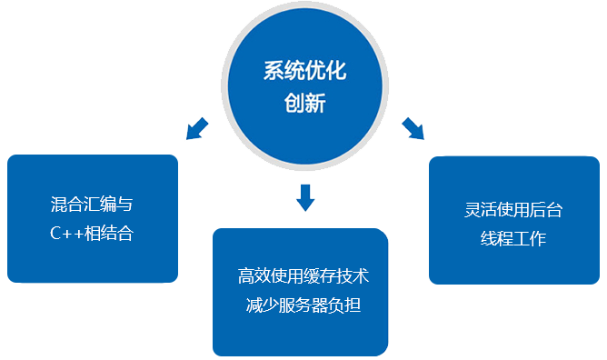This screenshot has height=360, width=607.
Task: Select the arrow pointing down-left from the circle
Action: (x=196, y=128)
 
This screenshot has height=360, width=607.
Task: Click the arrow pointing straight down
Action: (x=305, y=195)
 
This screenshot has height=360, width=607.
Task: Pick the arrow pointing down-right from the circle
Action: (x=413, y=128)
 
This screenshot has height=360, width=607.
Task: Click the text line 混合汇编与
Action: (x=92, y=204)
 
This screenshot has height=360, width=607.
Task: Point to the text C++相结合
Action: (x=92, y=234)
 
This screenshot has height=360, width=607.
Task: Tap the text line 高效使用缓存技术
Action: (x=303, y=275)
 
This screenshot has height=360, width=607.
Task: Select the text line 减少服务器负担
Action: (x=303, y=305)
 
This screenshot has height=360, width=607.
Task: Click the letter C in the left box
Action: (x=55, y=234)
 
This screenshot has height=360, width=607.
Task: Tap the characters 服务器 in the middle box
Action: (x=303, y=305)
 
